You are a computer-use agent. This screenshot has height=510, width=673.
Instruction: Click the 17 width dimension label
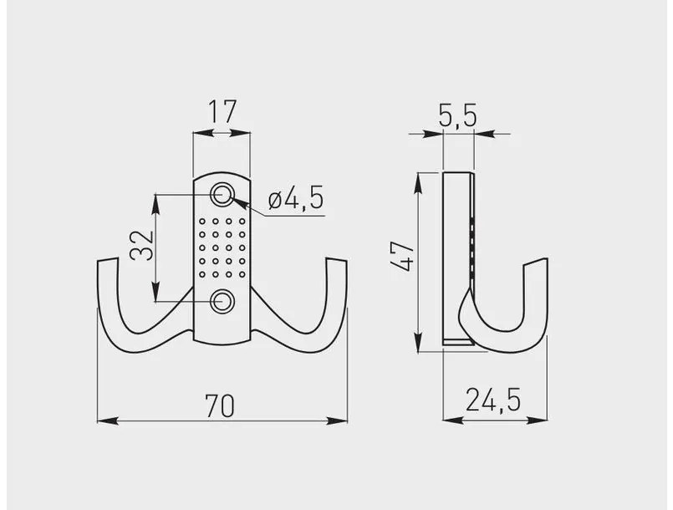(222, 112)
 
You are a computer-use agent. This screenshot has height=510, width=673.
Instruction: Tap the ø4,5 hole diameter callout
(295, 201)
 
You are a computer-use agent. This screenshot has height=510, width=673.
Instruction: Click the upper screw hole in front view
(222, 194)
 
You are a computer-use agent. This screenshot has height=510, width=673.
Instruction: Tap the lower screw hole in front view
(222, 301)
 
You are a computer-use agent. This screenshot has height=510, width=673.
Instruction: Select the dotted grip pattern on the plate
(222, 247)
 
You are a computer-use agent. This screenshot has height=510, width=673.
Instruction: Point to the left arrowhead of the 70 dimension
(102, 421)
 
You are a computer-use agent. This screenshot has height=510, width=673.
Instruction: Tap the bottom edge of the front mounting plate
(222, 344)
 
